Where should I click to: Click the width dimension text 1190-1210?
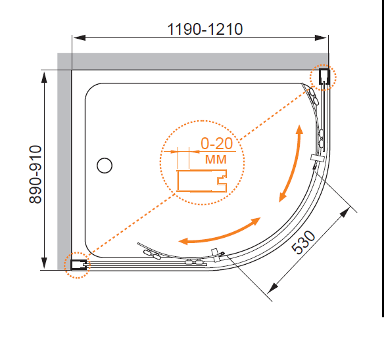(205, 30)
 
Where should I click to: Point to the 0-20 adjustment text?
(216, 143)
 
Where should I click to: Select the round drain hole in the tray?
(104, 165)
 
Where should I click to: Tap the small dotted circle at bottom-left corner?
(77, 265)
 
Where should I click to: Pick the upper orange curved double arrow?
(291, 163)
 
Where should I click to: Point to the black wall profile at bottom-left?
(78, 265)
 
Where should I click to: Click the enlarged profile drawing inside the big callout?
(201, 179)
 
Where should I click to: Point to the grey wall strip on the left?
(65, 164)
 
